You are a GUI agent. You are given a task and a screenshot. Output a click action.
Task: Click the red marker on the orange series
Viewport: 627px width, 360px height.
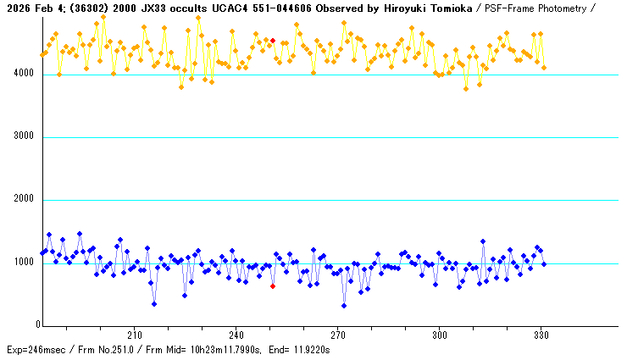coord(273,41)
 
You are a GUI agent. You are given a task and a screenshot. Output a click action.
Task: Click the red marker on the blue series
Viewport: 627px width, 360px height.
coord(273,286)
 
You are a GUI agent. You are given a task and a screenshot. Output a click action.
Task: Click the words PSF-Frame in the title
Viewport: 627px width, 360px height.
coord(515,8)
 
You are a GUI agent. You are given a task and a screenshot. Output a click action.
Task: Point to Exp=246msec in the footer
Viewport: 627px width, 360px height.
coord(36,350)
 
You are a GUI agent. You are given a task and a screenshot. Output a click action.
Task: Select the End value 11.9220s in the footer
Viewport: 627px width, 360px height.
coord(308,350)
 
